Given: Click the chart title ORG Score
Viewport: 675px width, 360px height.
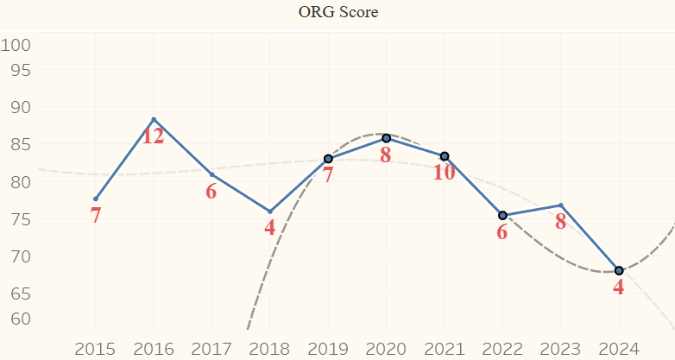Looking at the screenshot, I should click(x=337, y=13).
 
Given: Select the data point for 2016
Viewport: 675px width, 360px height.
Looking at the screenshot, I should click(x=154, y=119).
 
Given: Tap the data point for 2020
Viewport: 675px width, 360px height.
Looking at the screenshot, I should click(x=386, y=138).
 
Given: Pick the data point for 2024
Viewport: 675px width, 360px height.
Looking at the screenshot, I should click(x=619, y=270).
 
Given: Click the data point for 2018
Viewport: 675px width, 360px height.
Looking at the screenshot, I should click(x=270, y=212).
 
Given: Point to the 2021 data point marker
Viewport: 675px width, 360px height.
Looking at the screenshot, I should click(x=445, y=156).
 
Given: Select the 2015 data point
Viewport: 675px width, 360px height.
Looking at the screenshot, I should click(x=96, y=199).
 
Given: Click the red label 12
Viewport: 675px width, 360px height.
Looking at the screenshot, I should click(x=154, y=136).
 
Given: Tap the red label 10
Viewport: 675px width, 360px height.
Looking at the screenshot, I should click(x=445, y=173).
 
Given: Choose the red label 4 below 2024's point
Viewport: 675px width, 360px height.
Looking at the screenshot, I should click(x=619, y=287).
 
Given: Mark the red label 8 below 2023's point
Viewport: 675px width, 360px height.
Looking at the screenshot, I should click(x=561, y=222).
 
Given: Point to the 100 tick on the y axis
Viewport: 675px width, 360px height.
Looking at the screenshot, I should click(x=16, y=45).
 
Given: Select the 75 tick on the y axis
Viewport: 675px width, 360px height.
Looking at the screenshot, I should click(x=16, y=219).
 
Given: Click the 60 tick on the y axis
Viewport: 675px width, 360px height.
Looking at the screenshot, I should click(x=16, y=319).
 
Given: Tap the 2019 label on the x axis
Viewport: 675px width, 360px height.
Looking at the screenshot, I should click(x=328, y=349).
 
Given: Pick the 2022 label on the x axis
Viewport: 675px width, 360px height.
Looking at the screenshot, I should click(x=502, y=349).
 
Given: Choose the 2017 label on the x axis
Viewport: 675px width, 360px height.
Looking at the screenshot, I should click(x=211, y=349).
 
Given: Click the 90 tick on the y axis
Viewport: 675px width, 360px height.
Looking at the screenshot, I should click(x=16, y=107).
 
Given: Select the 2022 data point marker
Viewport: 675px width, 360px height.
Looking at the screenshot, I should click(x=502, y=215).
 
